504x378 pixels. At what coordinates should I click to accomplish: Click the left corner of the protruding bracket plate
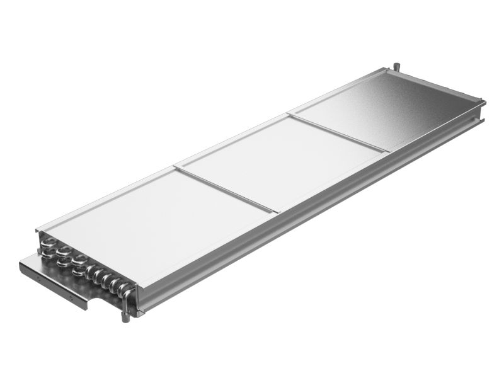[x=21, y=263]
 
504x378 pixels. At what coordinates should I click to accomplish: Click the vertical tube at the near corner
[x=130, y=302]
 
